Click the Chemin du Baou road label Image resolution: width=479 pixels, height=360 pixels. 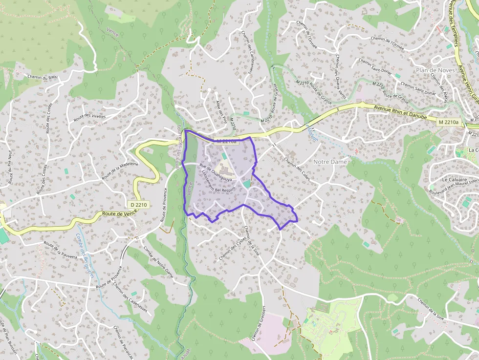click(43, 77)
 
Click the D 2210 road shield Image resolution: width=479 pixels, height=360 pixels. click(139, 205)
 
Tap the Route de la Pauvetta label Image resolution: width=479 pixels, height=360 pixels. click(60, 249)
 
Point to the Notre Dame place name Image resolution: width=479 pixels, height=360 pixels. click(330, 162)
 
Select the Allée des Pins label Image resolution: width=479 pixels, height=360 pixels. click(221, 112)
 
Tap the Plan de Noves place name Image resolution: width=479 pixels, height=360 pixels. click(435, 70)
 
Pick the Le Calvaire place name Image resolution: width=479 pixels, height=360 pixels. click(455, 179)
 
